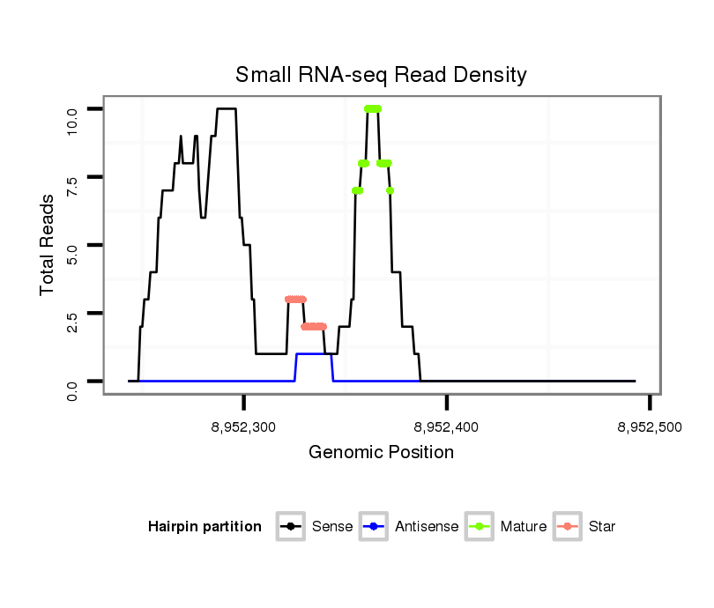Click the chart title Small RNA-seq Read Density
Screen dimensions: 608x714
(381, 75)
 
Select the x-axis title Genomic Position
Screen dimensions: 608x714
(381, 453)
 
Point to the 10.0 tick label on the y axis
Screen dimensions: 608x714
(73, 109)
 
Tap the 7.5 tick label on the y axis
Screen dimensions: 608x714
(73, 177)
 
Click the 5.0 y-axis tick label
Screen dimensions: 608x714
(73, 245)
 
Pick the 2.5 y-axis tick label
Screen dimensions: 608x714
(73, 313)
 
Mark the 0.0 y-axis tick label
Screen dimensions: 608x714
(73, 382)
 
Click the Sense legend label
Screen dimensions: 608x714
(331, 527)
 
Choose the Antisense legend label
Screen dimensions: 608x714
(428, 527)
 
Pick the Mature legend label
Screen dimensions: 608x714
(523, 527)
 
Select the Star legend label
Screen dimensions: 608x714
(603, 527)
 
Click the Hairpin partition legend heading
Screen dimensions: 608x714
(205, 527)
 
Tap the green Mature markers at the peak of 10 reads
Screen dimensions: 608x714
(372, 108)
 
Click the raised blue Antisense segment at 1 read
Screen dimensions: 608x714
(313, 354)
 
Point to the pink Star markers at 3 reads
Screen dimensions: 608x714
(295, 300)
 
